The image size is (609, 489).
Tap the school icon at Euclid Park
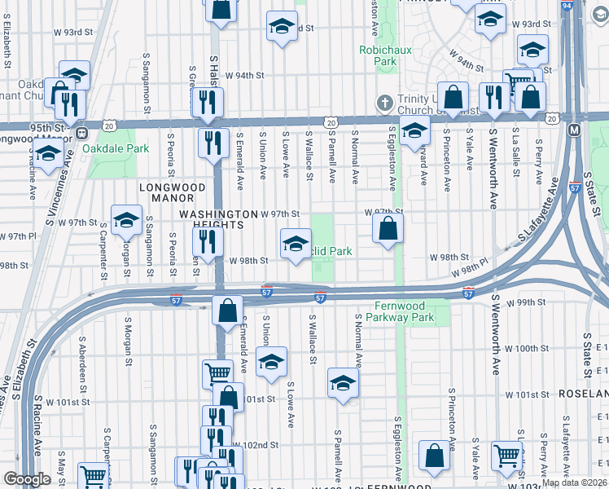pyautogui.click(x=296, y=243)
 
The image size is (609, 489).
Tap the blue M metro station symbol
pyautogui.click(x=575, y=130)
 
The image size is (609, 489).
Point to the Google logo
pyautogui.click(x=27, y=478)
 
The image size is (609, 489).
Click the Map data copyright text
pyautogui.click(x=573, y=482)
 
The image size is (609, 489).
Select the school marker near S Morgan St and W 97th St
pyautogui.click(x=127, y=221)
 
